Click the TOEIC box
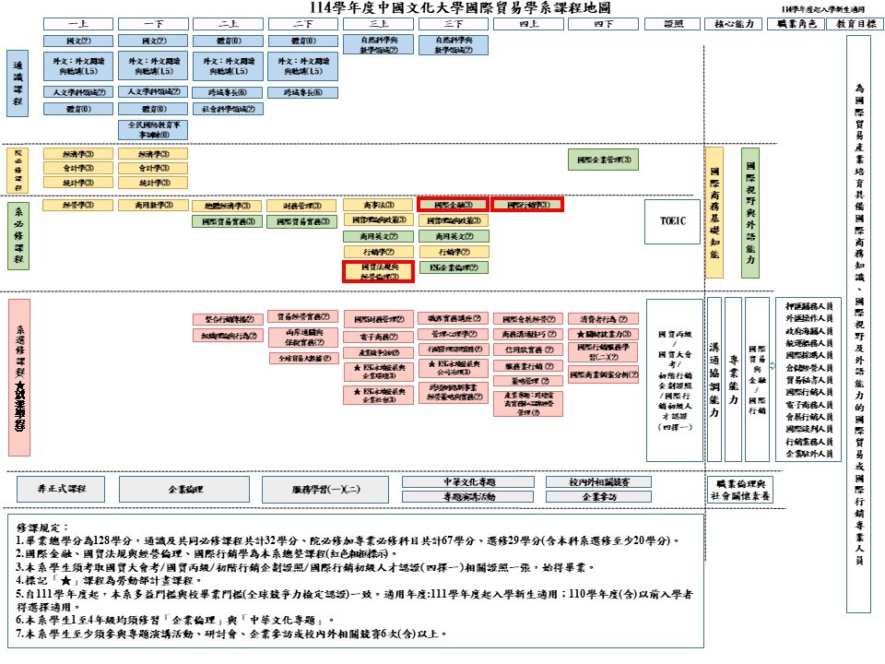(674, 221)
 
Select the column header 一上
(78, 24)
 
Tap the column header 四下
(604, 24)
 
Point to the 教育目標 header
(857, 24)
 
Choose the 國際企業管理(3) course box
(605, 160)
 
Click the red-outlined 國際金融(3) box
(453, 205)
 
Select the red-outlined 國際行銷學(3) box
(527, 205)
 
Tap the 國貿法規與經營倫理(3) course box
(378, 271)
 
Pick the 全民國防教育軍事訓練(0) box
(153, 129)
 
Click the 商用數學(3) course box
(153, 205)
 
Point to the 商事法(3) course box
(378, 205)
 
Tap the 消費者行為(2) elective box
(604, 319)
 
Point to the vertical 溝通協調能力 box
(714, 378)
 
